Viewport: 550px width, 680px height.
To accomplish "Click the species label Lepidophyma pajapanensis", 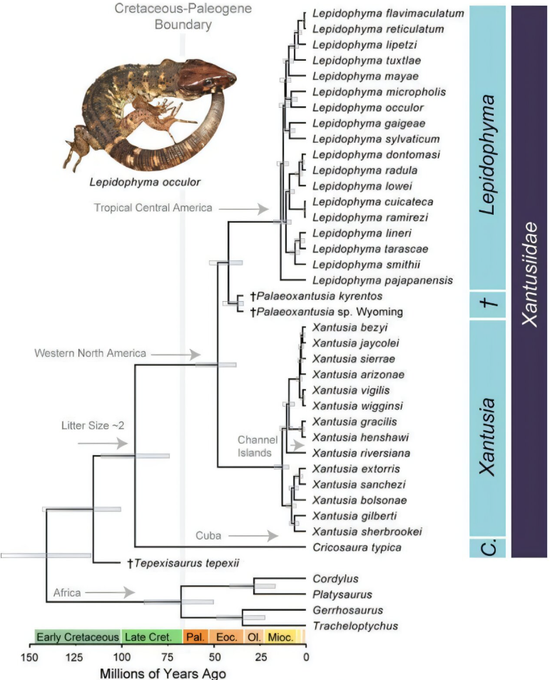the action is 382,280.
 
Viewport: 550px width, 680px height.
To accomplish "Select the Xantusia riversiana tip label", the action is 361,453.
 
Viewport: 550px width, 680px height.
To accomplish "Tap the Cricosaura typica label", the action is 357,548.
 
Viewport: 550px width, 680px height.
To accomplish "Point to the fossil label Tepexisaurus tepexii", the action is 183,564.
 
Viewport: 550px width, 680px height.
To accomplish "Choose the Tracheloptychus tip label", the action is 355,626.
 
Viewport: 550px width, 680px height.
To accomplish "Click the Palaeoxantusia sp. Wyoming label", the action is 327,312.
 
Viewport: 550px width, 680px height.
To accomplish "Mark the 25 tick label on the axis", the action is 261,657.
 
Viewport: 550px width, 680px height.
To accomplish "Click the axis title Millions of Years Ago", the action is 163,673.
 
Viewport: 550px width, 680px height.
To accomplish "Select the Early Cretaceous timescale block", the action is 78,636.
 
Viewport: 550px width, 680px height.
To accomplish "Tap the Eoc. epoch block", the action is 226,636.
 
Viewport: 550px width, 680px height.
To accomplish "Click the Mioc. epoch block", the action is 280,636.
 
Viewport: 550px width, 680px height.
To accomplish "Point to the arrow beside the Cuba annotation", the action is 253,536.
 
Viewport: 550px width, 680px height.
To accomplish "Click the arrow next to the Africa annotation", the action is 111,592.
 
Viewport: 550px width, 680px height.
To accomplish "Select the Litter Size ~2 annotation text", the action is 93,426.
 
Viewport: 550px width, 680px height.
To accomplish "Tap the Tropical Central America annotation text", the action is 153,208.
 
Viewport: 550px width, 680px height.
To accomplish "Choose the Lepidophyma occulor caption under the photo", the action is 145,182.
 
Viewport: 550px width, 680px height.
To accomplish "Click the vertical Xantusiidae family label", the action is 529,274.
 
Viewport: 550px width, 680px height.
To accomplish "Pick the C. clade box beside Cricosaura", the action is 488,548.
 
